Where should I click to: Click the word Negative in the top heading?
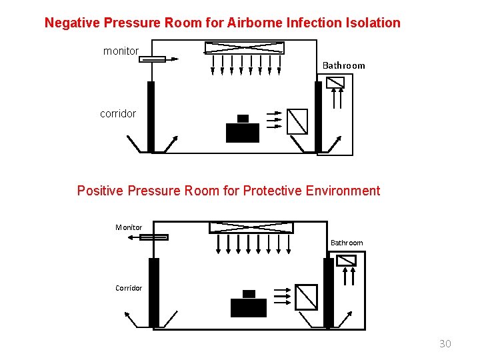point(72,23)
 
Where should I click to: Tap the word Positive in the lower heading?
point(100,191)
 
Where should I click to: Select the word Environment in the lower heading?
point(343,191)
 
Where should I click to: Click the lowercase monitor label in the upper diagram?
point(121,51)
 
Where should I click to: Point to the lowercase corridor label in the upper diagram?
point(118,113)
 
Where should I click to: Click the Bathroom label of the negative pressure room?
point(343,65)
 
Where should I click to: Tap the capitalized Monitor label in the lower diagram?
point(129,227)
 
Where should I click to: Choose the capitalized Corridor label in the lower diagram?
point(129,288)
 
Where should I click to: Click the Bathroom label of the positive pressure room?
point(347,243)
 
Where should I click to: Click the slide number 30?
point(445,343)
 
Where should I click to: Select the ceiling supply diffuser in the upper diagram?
point(244,48)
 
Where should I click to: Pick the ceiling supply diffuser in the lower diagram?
point(251,227)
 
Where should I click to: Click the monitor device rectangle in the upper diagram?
point(152,59)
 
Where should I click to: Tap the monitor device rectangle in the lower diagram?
point(154,237)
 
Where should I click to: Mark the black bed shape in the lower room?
point(249,304)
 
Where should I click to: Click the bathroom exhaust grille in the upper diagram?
point(335,83)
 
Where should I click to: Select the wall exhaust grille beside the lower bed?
point(306,297)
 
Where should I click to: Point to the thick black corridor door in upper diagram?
point(151,117)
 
